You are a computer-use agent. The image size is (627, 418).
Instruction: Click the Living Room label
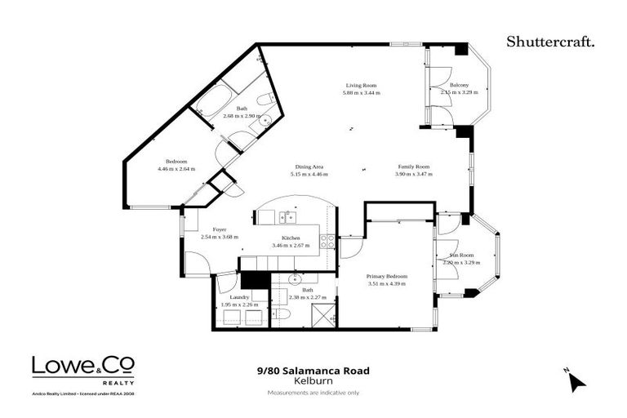click(x=361, y=85)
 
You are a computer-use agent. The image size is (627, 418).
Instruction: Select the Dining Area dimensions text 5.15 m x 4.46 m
click(x=309, y=174)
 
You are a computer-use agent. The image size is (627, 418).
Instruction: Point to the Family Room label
click(x=412, y=167)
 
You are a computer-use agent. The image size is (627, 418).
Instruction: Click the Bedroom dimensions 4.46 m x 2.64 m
click(x=177, y=169)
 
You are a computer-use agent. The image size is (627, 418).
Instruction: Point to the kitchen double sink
click(x=287, y=217)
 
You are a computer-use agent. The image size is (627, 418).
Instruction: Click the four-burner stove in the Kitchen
click(x=326, y=241)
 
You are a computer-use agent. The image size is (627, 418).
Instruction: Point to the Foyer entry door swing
click(x=197, y=264)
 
